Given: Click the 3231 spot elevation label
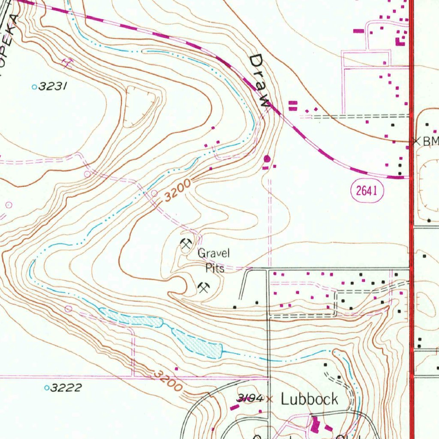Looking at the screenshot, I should click(52, 87).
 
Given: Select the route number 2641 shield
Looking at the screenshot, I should click(367, 191).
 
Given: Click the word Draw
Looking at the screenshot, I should click(260, 81).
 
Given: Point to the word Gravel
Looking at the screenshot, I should click(213, 253).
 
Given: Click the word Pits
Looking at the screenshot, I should click(215, 269).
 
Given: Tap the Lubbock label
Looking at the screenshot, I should click(309, 399).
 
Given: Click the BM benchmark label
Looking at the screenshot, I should click(430, 141).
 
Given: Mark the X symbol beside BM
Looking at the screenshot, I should click(415, 141).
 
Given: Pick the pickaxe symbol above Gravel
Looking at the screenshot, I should click(186, 244).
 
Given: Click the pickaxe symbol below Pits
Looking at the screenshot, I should click(203, 287).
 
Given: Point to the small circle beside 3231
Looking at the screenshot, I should click(34, 87).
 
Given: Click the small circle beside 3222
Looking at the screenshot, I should click(47, 388).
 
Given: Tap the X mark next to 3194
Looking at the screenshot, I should click(269, 399).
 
